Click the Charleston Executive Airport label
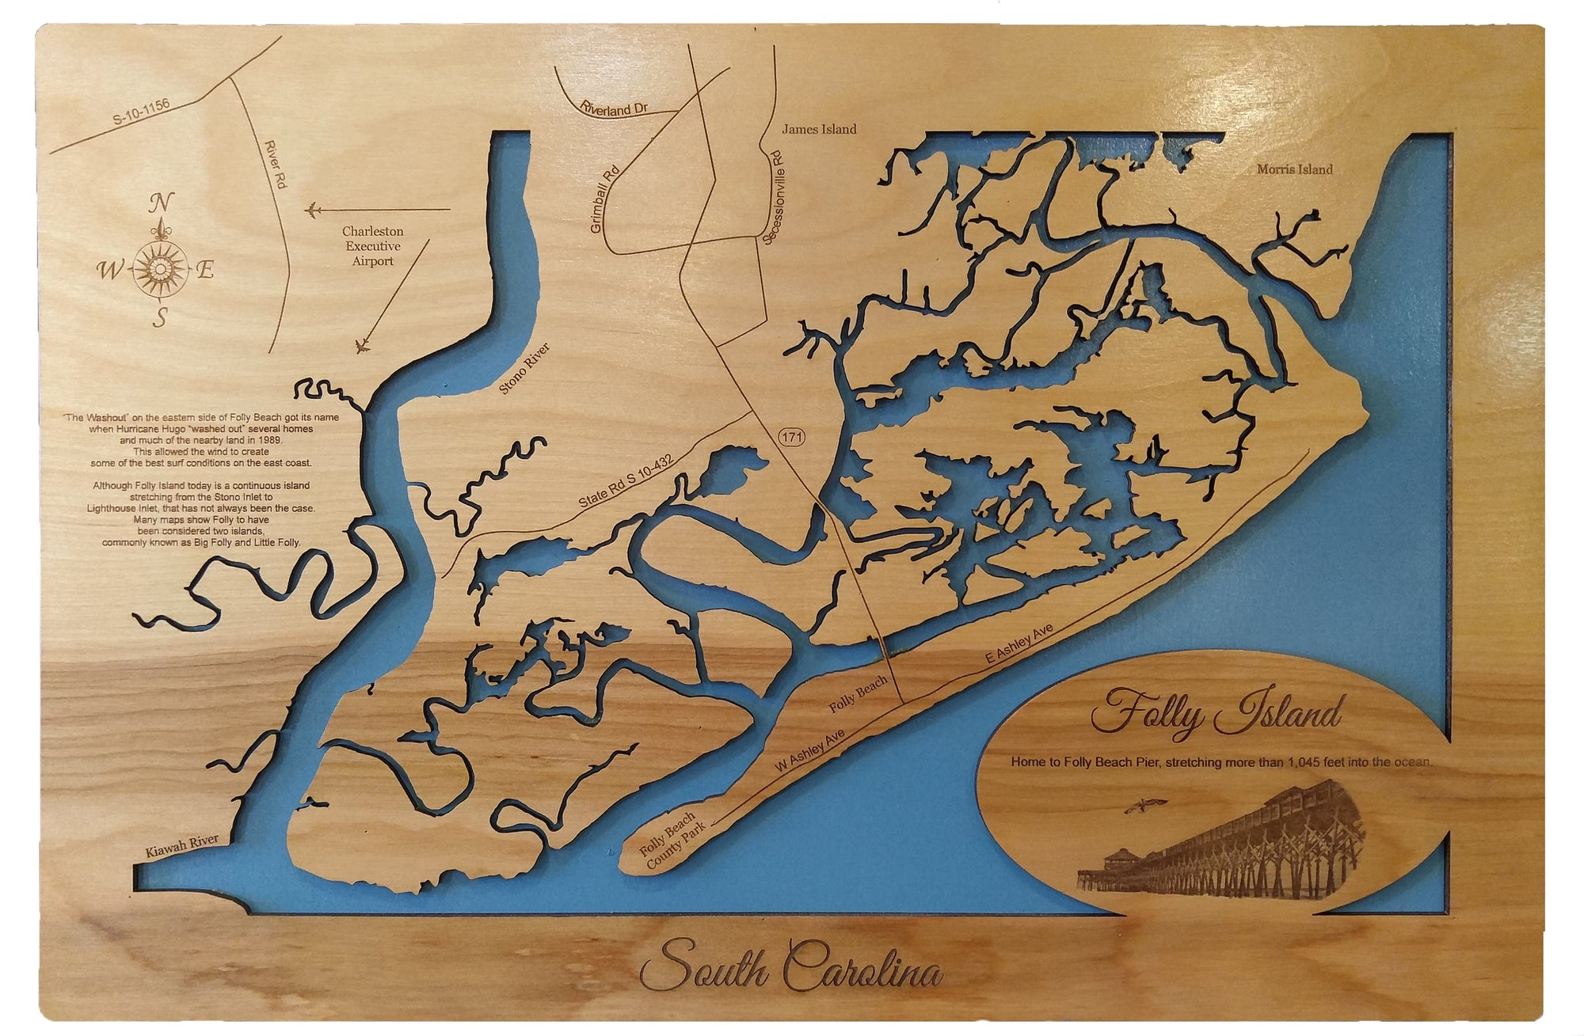coord(372,246)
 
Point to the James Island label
coord(819,129)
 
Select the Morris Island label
coord(1294,169)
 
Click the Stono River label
coord(524,369)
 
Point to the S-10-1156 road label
coord(141,112)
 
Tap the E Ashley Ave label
coord(1019,643)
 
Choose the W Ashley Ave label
coord(810,750)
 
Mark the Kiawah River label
coord(181,845)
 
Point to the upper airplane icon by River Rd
coord(313,211)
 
